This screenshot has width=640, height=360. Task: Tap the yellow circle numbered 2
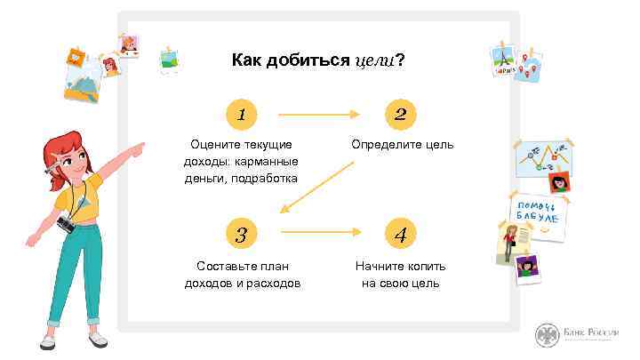click(401, 114)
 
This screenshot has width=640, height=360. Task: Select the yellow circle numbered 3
click(240, 235)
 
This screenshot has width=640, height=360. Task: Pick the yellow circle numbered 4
click(401, 235)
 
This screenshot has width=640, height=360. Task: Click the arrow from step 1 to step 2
click(318, 114)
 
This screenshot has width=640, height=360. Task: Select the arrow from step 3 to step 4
click(320, 232)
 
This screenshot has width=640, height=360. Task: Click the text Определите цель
click(402, 144)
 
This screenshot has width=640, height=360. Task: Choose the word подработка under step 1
click(263, 178)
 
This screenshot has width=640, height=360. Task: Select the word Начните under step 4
click(378, 266)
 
